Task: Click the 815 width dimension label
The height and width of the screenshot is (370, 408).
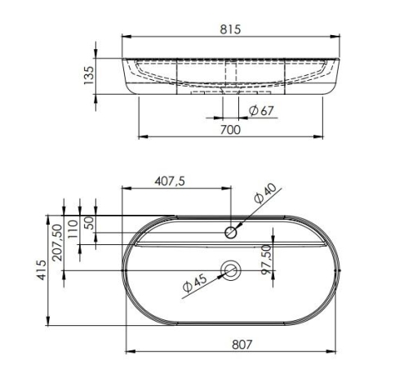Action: click(230, 29)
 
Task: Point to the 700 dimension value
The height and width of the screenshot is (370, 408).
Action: click(230, 128)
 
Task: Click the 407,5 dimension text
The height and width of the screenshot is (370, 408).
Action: click(171, 181)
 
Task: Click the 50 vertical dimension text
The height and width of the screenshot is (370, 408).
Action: click(88, 222)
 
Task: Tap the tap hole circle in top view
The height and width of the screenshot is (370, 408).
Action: click(231, 233)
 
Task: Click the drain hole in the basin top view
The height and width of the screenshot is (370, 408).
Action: click(231, 270)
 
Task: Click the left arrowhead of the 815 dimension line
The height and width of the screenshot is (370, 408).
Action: click(125, 38)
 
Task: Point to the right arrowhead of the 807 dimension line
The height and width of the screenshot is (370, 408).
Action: click(336, 352)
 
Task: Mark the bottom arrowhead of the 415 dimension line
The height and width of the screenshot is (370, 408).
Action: click(51, 323)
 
